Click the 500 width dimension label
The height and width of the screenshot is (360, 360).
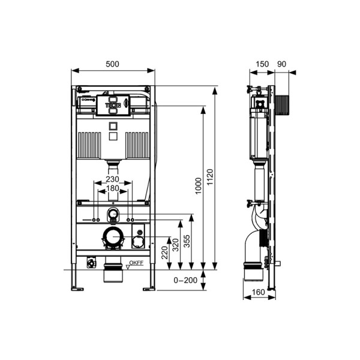(112, 64)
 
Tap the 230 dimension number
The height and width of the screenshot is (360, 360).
(112, 179)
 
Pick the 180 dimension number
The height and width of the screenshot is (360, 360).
(112, 188)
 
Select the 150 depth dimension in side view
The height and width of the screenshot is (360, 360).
(262, 64)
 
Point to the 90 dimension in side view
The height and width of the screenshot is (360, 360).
(283, 64)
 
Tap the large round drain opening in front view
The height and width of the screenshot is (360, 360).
(112, 238)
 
